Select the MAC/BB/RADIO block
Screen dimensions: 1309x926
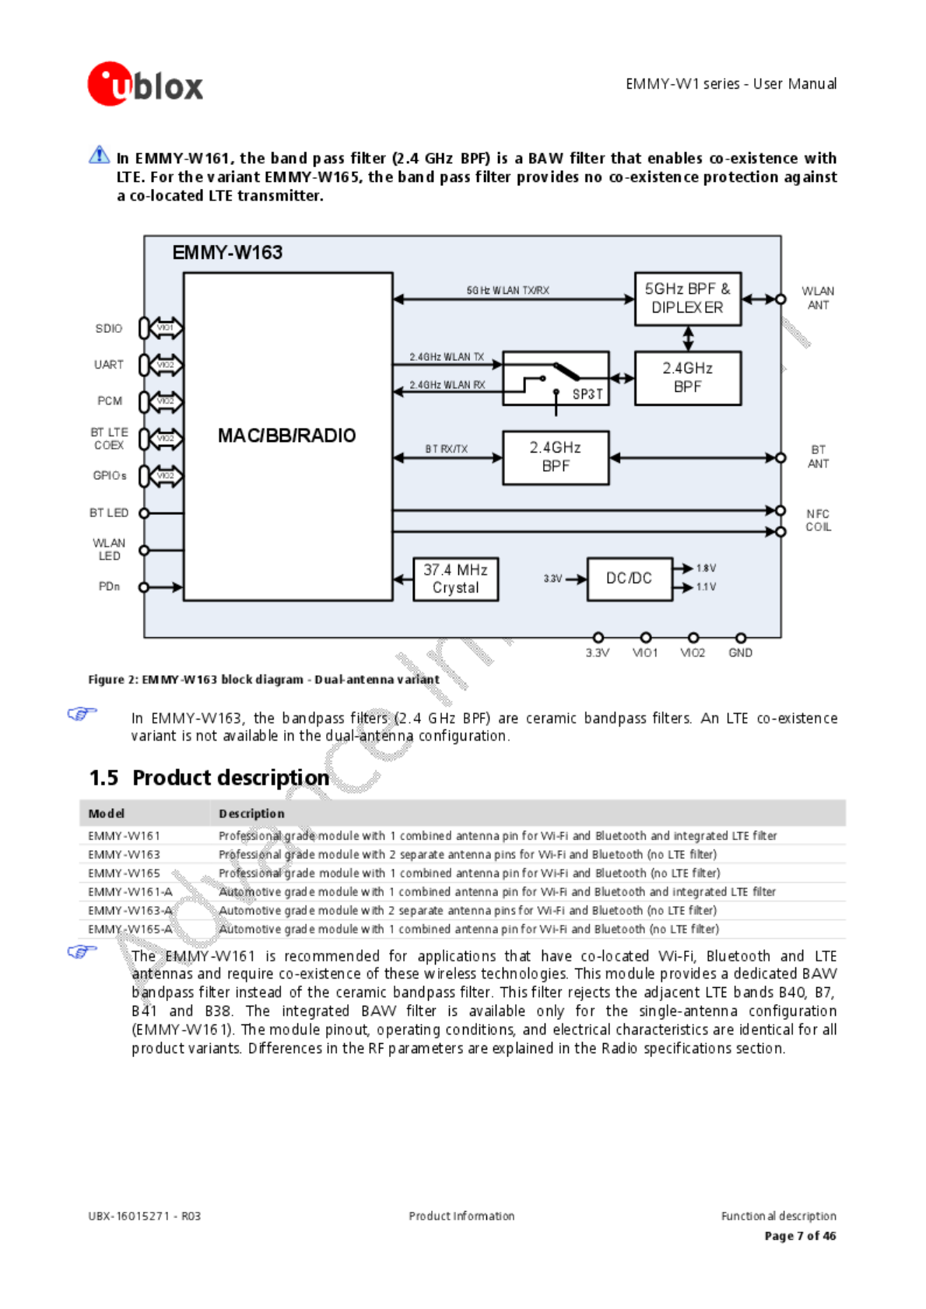coord(287,436)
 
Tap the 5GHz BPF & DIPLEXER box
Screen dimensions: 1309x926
coord(687,299)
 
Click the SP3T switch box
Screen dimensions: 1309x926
coord(556,379)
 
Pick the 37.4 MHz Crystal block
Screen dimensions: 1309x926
coord(455,579)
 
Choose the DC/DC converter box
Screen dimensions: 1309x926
coord(629,579)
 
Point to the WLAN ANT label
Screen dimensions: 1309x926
coord(818,298)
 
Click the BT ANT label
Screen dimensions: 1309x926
coord(818,457)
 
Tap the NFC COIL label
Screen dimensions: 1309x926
coord(818,520)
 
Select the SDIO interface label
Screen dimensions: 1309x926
coord(109,328)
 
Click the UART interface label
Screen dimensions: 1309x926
coord(109,365)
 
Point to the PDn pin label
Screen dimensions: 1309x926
coord(109,586)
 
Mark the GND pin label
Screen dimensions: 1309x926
coord(740,653)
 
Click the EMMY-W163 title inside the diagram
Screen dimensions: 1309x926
coord(227,253)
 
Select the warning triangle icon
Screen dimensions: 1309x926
coord(100,155)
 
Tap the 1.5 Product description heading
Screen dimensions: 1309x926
coord(209,778)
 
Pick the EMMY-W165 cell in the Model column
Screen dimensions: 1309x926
coord(125,873)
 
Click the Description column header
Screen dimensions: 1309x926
coord(251,814)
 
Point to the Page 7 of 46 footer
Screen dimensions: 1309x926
coord(800,1236)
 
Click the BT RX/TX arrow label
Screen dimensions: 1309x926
coord(447,449)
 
